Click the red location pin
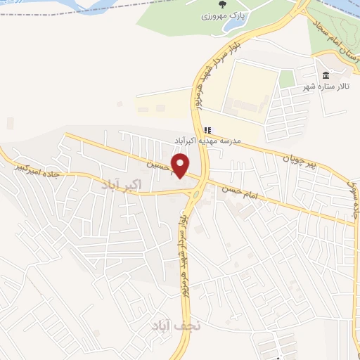click(181, 165)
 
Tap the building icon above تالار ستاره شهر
click(325, 75)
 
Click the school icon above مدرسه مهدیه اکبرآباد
click(207, 130)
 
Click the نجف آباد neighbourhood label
click(176, 325)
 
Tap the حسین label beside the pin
click(159, 166)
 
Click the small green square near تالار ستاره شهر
click(286, 79)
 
